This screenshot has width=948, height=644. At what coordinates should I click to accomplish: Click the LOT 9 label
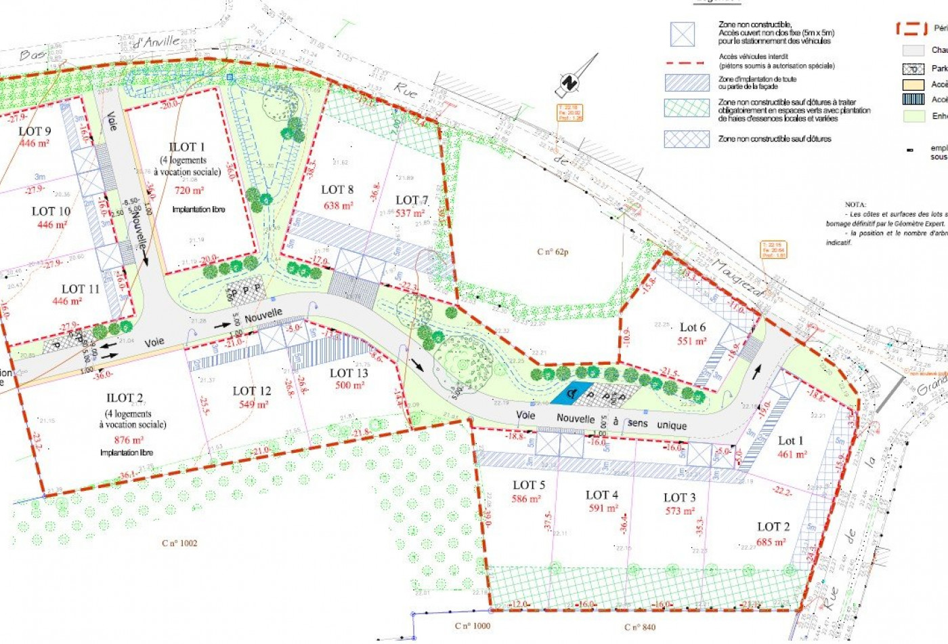[x=35, y=131]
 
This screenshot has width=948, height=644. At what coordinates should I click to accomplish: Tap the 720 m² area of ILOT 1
[x=189, y=190]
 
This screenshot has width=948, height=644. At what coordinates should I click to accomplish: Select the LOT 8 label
[x=337, y=190]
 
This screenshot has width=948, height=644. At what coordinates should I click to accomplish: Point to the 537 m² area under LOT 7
[x=410, y=213]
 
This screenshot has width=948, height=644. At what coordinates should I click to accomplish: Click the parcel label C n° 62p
[x=553, y=252]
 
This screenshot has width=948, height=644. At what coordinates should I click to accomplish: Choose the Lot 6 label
[x=692, y=327]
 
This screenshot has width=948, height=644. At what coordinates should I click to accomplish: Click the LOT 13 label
[x=349, y=373]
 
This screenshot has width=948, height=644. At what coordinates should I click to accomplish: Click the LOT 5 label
[x=528, y=485]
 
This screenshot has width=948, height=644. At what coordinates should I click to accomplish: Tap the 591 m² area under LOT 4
[x=602, y=508]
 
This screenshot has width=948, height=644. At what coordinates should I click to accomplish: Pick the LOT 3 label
[x=679, y=498]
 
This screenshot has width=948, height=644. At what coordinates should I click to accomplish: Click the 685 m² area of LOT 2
[x=770, y=542]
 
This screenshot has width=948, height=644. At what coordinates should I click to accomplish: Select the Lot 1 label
[x=790, y=441]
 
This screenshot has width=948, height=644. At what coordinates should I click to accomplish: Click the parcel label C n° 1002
[x=180, y=543]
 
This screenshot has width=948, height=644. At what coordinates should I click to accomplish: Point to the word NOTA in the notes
[x=855, y=204]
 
